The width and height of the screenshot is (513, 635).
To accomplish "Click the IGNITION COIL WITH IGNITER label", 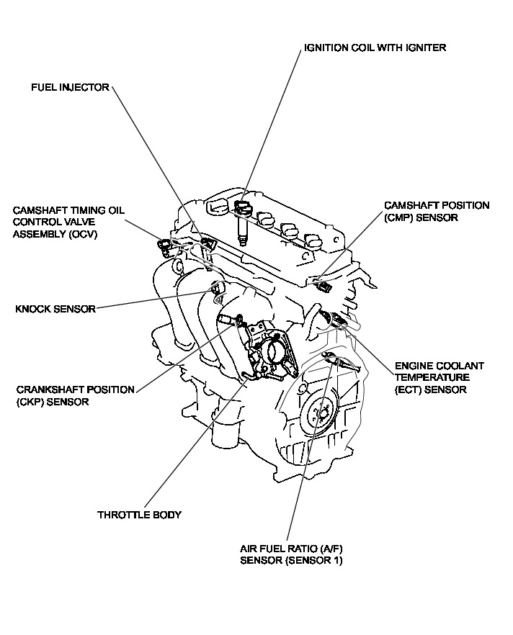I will point(375,48).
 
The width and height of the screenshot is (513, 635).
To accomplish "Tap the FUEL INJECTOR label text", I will point(69,88).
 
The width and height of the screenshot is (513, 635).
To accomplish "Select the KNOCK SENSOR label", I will point(55,310).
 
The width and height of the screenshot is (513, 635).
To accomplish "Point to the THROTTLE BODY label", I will point(139,515).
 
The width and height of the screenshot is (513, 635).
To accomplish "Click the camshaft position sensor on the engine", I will point(324,287).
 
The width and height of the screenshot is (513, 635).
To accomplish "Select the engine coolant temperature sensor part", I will point(336,317).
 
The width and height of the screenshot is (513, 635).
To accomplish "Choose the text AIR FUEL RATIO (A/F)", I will point(285,549).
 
